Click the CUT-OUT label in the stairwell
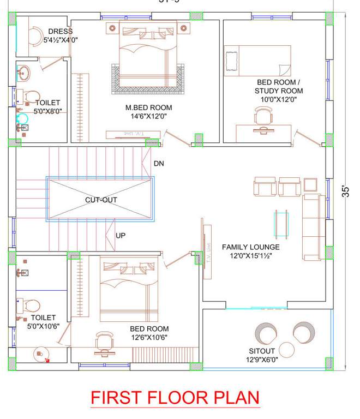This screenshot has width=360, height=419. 101,200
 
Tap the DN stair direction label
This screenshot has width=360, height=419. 159,163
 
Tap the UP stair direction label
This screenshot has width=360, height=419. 121,236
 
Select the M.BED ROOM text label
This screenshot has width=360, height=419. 148,107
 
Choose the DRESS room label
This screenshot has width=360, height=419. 60,32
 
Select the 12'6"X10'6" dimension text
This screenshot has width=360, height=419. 149,337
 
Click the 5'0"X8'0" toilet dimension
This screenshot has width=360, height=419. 48,111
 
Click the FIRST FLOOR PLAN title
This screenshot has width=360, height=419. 175,397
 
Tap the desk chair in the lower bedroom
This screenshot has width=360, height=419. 105,340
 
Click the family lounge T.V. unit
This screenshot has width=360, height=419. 207,249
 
